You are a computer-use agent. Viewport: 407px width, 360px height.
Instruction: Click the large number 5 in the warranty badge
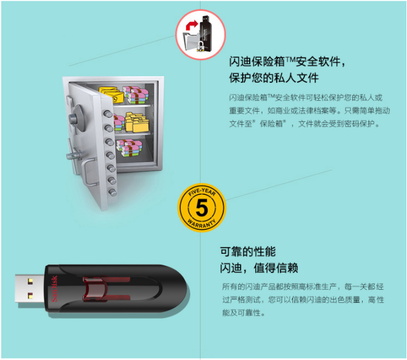[x=202, y=208]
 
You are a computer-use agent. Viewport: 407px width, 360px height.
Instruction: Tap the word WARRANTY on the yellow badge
[x=202, y=224]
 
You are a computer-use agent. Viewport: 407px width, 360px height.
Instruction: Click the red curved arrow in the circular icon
[x=191, y=25]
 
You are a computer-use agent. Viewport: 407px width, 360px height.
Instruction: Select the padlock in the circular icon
[x=200, y=46]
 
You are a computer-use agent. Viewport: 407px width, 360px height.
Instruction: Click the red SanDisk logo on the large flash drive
[x=54, y=289]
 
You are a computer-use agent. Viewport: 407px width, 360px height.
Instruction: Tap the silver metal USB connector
[x=29, y=289]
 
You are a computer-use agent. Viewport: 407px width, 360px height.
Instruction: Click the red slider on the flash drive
[x=95, y=289]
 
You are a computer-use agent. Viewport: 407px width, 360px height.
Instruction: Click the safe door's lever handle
[x=73, y=155]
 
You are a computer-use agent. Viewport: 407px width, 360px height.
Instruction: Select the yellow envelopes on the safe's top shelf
[x=112, y=94]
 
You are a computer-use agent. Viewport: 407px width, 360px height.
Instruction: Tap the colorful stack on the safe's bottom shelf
[x=129, y=148]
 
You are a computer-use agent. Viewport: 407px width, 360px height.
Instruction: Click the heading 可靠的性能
[x=248, y=251]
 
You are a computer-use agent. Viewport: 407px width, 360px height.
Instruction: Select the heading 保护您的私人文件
[x=274, y=78]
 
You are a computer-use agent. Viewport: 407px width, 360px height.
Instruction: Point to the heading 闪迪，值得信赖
[x=259, y=268]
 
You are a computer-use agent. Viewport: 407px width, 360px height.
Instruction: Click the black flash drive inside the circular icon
[x=205, y=32]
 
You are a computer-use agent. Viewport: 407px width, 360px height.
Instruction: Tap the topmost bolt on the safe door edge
[x=107, y=113]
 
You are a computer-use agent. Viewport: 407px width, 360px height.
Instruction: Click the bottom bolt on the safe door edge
[x=112, y=193]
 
